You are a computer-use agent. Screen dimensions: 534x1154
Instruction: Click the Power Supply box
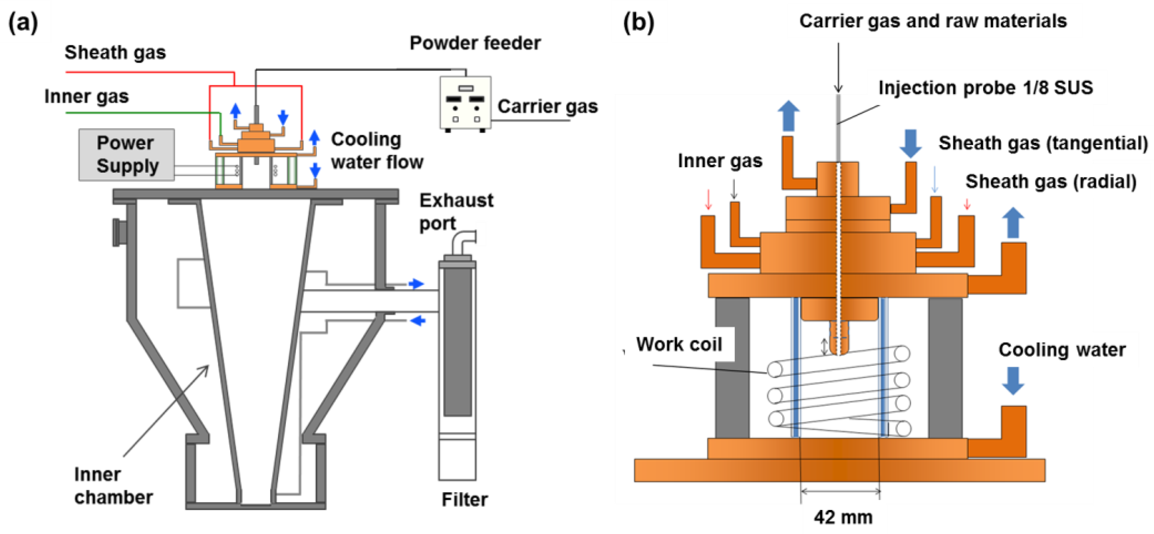(x=126, y=155)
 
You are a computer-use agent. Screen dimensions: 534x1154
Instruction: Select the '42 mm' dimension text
(x=843, y=517)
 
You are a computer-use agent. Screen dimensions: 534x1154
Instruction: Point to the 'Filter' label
(x=464, y=499)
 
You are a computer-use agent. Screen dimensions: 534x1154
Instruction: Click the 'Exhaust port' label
(x=456, y=211)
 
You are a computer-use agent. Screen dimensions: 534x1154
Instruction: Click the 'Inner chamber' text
(x=113, y=486)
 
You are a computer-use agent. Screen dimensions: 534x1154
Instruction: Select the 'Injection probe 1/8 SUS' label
(x=985, y=87)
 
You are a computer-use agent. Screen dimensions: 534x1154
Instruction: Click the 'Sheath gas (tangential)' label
(x=1043, y=143)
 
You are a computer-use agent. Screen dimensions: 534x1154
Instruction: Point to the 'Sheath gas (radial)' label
(x=1051, y=181)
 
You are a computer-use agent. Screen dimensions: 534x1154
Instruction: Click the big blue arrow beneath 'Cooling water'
(x=1013, y=381)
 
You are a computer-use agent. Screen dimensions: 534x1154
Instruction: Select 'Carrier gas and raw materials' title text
(x=933, y=21)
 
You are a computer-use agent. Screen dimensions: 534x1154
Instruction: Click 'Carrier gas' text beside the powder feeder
(x=547, y=107)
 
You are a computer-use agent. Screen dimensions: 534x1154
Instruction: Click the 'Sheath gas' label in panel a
(x=115, y=52)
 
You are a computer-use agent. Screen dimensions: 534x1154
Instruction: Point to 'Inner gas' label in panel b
(x=719, y=160)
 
